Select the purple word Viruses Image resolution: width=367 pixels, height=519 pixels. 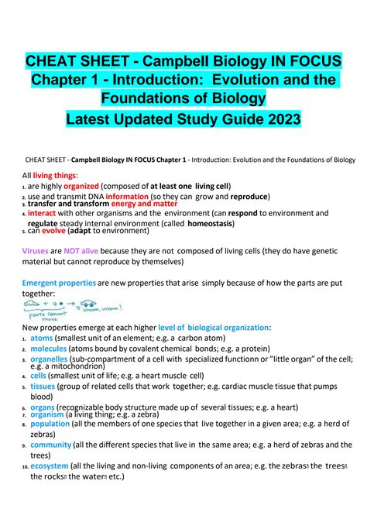[x=35, y=252]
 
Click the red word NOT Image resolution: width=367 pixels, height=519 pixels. [x=73, y=252]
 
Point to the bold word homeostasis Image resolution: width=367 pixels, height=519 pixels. [x=204, y=223]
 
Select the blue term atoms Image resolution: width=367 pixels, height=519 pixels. [x=41, y=338]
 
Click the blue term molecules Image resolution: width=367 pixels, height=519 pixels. [x=49, y=349]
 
